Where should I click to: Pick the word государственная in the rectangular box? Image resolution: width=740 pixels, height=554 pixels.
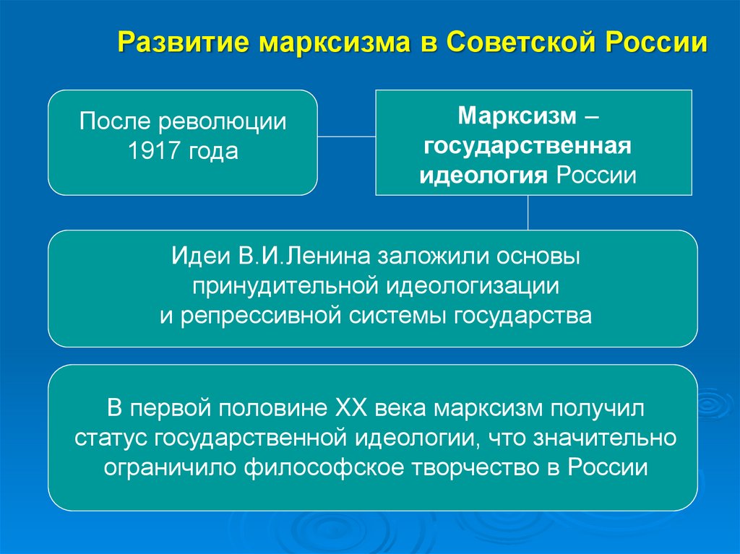(528, 146)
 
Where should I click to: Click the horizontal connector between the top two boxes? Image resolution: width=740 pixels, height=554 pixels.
(346, 136)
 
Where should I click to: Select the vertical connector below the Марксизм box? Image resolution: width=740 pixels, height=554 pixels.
(528, 212)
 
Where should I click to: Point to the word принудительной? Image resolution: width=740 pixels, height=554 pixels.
(287, 287)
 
